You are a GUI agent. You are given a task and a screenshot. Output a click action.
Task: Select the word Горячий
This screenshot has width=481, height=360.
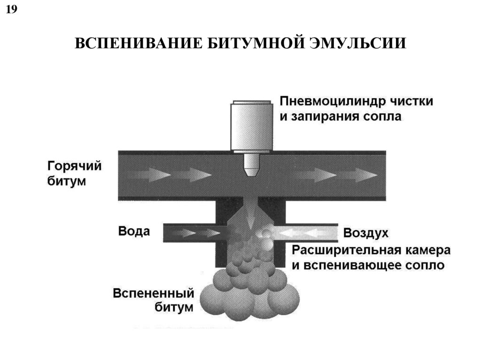tap(74, 166)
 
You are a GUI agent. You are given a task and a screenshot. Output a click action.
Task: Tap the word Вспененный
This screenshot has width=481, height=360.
tap(153, 294)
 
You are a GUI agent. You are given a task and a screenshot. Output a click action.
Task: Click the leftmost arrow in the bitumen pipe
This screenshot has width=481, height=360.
tap(143, 175)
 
